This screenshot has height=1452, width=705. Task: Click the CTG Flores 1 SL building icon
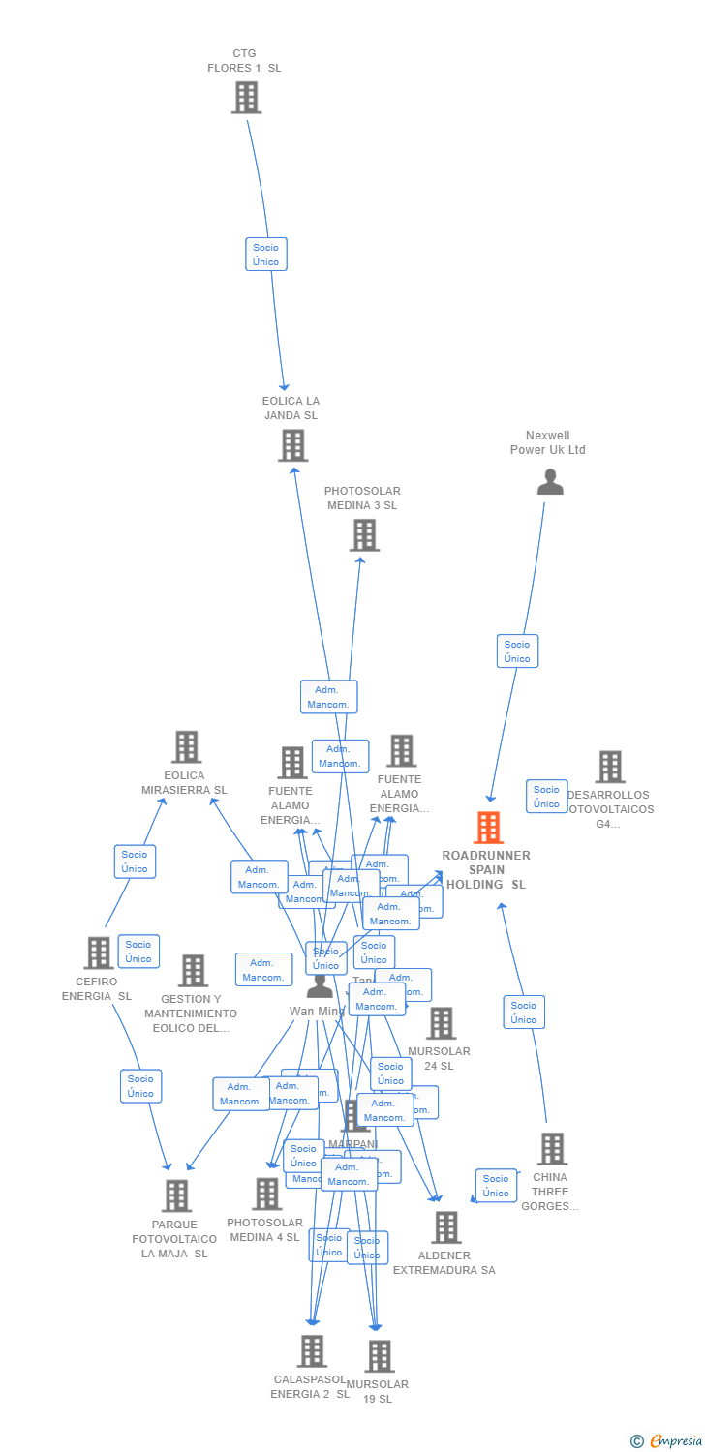(246, 98)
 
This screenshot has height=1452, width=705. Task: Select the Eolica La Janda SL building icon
(292, 445)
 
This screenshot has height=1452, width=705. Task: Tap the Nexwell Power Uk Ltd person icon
(550, 481)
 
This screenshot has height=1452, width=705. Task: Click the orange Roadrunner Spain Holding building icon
(488, 828)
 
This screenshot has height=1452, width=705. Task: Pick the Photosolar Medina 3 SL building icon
(364, 535)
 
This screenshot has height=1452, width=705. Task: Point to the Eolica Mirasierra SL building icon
(186, 747)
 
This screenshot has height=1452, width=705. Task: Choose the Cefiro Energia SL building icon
(98, 953)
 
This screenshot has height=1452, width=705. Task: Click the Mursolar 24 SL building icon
(441, 1023)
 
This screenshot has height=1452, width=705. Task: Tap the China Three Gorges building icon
(552, 1149)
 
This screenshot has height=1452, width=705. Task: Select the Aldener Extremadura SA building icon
(445, 1227)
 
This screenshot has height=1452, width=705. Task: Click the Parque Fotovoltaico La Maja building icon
(176, 1196)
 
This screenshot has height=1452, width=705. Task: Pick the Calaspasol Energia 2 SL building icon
(311, 1351)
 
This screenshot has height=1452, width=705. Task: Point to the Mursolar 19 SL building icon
(380, 1356)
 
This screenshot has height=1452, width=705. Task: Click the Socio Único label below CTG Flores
(265, 255)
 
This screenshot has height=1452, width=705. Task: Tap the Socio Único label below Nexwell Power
(517, 651)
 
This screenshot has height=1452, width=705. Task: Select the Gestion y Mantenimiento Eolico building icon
(193, 971)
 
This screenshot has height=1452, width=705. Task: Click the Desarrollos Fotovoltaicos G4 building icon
(609, 767)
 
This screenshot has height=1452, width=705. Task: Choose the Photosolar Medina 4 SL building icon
(266, 1195)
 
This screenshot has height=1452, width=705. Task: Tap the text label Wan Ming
(316, 1012)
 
